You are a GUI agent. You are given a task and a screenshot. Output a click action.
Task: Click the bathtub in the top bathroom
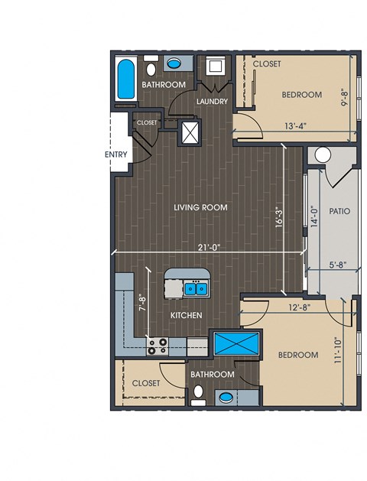[126, 79]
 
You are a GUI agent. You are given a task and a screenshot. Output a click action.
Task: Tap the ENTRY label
[116, 154]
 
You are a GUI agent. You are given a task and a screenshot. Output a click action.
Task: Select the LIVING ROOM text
[200, 207]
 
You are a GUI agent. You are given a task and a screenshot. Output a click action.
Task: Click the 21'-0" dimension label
[209, 247]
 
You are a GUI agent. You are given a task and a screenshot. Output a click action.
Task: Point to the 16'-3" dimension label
[279, 218]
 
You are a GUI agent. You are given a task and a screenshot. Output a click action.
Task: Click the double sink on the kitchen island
[196, 288]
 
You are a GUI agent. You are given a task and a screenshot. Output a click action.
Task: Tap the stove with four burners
[158, 346]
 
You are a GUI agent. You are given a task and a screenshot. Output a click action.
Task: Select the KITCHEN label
[186, 315]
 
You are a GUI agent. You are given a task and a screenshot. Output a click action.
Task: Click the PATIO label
[339, 211]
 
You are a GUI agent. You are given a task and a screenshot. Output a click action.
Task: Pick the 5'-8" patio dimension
[338, 265]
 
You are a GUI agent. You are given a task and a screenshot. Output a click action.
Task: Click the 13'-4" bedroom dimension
[296, 126]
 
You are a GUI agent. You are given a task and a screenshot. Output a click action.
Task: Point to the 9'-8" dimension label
[346, 97]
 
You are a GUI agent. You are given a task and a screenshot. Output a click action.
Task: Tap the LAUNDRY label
[212, 101]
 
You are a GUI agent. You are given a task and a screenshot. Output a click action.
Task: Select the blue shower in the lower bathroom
[236, 343]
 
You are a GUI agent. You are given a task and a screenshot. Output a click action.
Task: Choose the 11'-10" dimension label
[338, 350]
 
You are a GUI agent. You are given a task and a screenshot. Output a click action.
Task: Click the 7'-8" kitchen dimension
[143, 304]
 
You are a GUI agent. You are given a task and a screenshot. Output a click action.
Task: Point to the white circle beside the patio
[323, 155]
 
